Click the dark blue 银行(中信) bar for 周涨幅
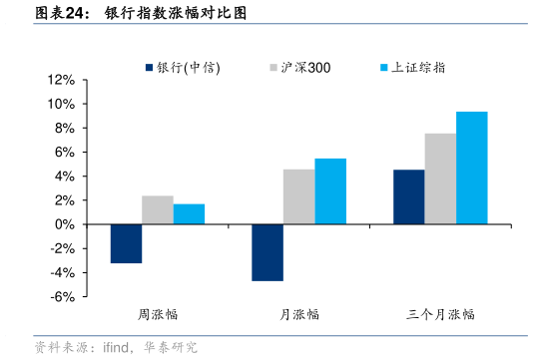pyautogui.click(x=126, y=243)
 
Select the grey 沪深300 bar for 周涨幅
pyautogui.click(x=158, y=210)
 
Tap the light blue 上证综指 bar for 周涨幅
pyautogui.click(x=189, y=214)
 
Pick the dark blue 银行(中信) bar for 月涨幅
pyautogui.click(x=267, y=252)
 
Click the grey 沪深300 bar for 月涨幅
pyautogui.click(x=298, y=196)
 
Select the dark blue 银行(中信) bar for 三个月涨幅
pyautogui.click(x=408, y=197)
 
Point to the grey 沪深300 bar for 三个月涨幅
pyautogui.click(x=440, y=179)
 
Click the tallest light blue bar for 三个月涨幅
pyautogui.click(x=472, y=168)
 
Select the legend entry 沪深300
pyautogui.click(x=299, y=68)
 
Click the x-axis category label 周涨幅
pyautogui.click(x=158, y=314)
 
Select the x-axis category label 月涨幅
pyautogui.click(x=299, y=314)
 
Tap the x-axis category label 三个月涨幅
pyautogui.click(x=440, y=314)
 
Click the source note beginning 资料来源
pyautogui.click(x=116, y=348)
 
